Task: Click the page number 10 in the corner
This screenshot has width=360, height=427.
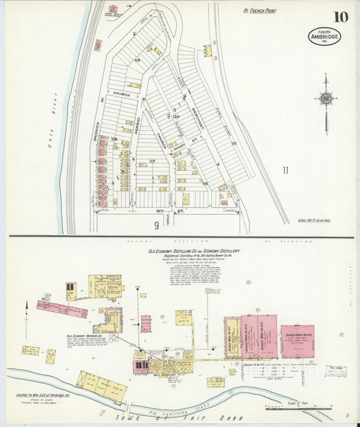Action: click(x=340, y=16)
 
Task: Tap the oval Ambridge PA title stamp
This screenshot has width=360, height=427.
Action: click(x=324, y=36)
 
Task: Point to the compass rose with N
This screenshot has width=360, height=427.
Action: click(x=326, y=99)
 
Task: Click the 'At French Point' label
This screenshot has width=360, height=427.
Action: click(x=261, y=11)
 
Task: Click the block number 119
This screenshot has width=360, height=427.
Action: click(x=137, y=60)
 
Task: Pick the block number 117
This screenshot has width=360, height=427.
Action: click(x=152, y=161)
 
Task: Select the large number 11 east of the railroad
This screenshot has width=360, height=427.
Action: click(x=285, y=170)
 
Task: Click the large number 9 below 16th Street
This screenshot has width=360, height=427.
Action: click(x=155, y=224)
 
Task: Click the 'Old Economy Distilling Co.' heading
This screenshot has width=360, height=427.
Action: click(x=193, y=251)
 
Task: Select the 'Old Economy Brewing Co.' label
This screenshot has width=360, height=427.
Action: click(x=84, y=335)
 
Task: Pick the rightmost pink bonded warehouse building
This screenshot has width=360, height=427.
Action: click(x=297, y=341)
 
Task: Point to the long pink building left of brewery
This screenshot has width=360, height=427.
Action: click(x=62, y=309)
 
